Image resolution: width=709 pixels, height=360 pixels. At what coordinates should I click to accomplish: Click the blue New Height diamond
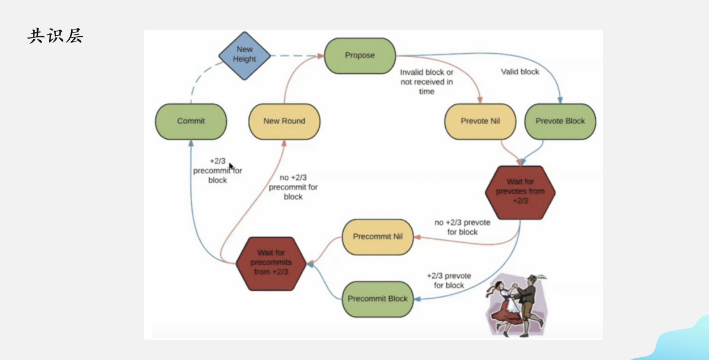[244, 56]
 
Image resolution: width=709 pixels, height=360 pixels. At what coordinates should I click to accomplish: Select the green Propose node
[360, 56]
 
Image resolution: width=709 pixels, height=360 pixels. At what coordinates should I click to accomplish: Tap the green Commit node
[191, 121]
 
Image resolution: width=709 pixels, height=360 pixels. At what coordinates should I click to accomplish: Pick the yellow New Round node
[284, 121]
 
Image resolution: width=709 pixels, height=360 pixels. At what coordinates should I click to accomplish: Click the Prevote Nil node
[480, 121]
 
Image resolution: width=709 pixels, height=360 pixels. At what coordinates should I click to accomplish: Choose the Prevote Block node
[560, 121]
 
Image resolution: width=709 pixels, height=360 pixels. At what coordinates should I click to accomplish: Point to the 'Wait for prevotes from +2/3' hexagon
[520, 192]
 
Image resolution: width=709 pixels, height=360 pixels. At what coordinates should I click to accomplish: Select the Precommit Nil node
[378, 237]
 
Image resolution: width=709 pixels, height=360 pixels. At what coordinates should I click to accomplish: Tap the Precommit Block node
[378, 299]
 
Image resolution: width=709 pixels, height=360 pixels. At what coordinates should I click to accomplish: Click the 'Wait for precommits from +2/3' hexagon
[271, 264]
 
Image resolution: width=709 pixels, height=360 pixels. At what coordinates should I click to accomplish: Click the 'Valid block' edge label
[520, 72]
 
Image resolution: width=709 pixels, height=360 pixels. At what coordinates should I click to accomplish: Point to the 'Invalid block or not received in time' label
[427, 82]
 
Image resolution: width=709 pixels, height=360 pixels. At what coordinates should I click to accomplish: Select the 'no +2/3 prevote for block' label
[462, 227]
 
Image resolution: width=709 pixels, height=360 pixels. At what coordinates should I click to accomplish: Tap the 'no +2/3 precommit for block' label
[293, 187]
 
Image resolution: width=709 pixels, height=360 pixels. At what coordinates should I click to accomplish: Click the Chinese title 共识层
[55, 35]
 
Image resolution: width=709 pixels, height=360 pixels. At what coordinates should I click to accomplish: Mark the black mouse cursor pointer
[231, 167]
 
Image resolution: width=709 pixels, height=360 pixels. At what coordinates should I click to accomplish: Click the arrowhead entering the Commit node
[191, 143]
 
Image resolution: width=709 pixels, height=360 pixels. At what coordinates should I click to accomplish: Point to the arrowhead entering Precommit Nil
[417, 237]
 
